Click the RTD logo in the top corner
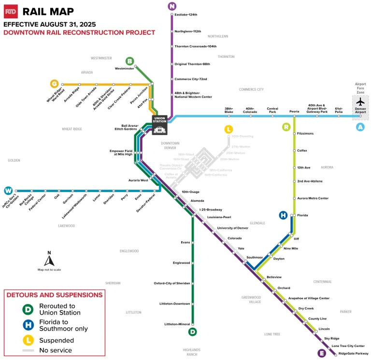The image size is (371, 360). (x=11, y=11)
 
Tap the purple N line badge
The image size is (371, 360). (x=172, y=6)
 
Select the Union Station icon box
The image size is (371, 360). (x=160, y=125)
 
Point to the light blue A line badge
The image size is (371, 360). (x=359, y=127)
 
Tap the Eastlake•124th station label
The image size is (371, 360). (x=186, y=15)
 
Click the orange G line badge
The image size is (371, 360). (x=54, y=83)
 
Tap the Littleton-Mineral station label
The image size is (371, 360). (x=177, y=324)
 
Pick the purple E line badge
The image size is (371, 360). (x=322, y=353)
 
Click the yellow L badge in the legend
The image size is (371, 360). (x=29, y=339)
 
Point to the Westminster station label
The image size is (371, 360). (x=124, y=69)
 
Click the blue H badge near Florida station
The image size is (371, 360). (x=284, y=215)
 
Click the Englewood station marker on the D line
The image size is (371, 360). (x=192, y=263)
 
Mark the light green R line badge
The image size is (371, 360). (x=286, y=127)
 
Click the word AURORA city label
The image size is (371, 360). (x=327, y=167)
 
